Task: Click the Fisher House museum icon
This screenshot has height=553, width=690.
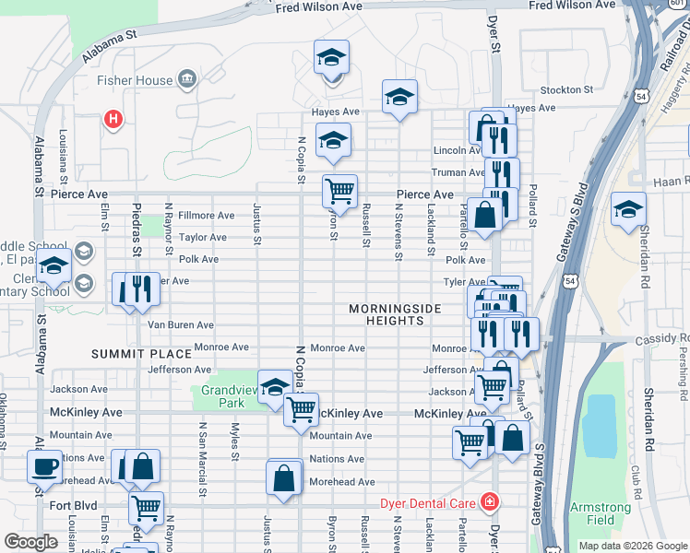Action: tap(186, 79)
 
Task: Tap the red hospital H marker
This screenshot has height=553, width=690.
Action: tap(113, 119)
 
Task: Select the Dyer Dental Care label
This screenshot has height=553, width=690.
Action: tap(428, 503)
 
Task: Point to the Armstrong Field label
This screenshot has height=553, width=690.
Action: tap(601, 513)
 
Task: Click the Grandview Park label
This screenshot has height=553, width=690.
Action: tap(222, 396)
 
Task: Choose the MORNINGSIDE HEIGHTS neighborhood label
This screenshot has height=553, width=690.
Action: tap(395, 314)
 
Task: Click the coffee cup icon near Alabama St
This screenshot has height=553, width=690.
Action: tap(44, 466)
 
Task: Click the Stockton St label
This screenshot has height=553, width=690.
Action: tap(566, 89)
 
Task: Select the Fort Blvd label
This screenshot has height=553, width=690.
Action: tap(74, 505)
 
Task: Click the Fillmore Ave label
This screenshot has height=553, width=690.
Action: tap(206, 215)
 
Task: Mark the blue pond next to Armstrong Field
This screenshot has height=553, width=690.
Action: tap(600, 424)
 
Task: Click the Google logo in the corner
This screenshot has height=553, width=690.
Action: tap(31, 542)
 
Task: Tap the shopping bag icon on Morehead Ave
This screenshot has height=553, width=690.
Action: tap(284, 478)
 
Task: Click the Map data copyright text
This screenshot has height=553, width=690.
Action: tap(631, 546)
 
